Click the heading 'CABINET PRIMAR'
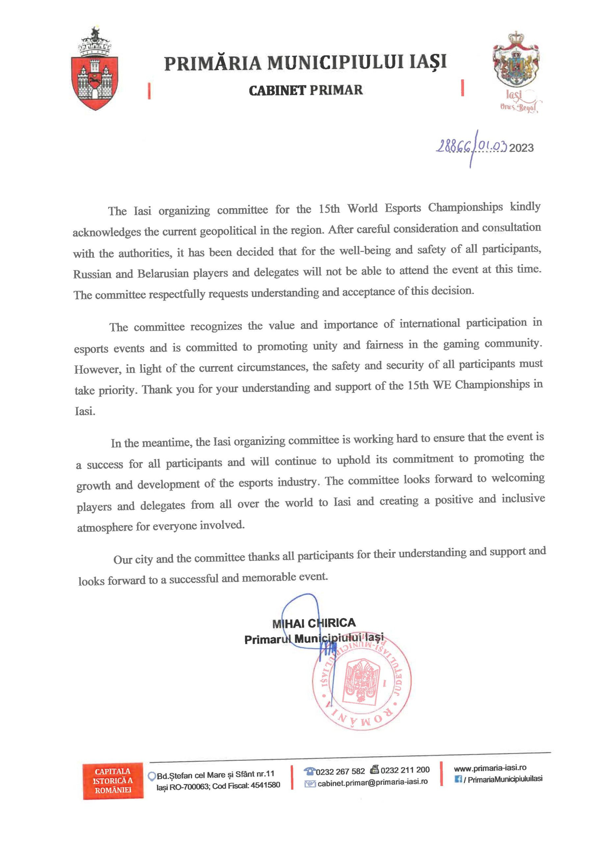[306, 90]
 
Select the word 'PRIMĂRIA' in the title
[213, 63]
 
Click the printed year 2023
[522, 148]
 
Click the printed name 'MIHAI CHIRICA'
[314, 623]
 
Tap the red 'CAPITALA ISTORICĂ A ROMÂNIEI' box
[113, 780]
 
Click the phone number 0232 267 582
[340, 771]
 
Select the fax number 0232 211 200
[405, 770]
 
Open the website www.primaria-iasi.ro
[490, 768]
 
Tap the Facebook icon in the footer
[458, 779]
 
